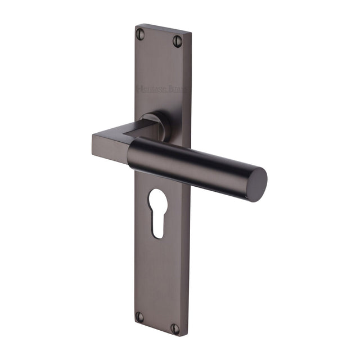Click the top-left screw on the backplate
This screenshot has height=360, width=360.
click(x=141, y=34)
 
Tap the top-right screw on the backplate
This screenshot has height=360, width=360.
click(x=178, y=40)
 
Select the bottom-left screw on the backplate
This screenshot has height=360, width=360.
click(x=139, y=317)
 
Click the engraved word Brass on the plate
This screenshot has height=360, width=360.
click(x=179, y=89)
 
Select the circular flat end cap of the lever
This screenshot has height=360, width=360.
click(x=256, y=184)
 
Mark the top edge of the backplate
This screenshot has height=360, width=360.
click(x=163, y=28)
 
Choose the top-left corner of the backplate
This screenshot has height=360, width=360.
click(x=137, y=25)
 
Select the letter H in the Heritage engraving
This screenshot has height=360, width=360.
click(x=139, y=88)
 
